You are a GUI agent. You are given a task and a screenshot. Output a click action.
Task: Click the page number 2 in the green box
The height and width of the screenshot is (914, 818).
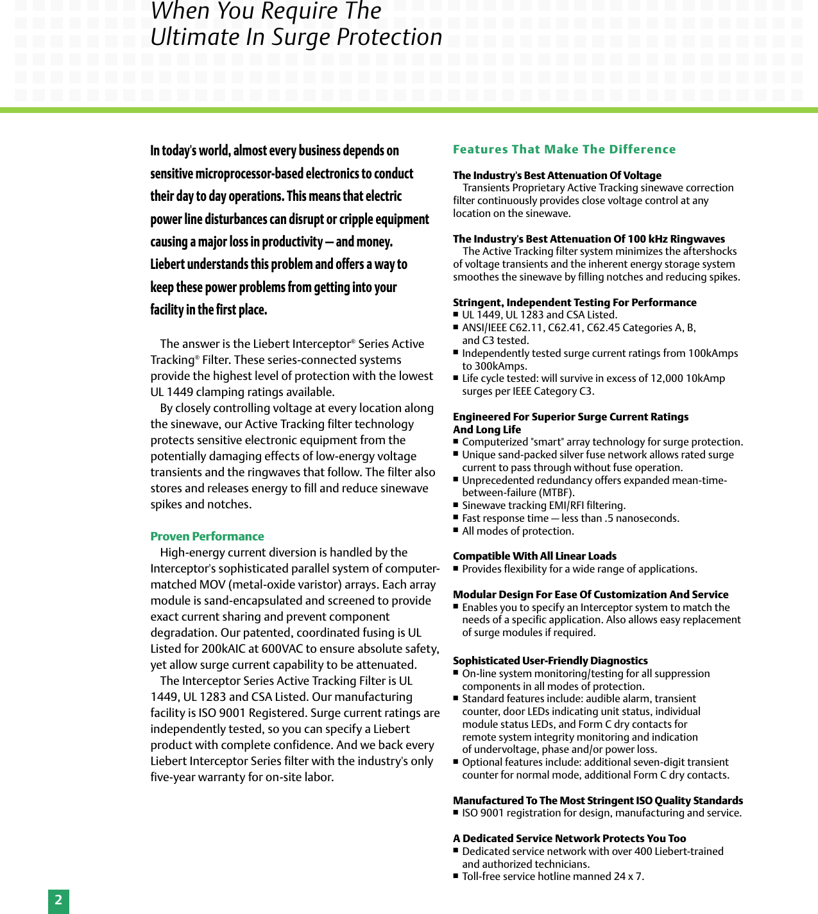click(x=58, y=900)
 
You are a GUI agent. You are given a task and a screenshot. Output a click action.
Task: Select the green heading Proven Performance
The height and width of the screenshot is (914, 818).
click(x=207, y=536)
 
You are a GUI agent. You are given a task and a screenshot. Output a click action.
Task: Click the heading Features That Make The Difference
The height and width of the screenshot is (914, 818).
click(x=564, y=149)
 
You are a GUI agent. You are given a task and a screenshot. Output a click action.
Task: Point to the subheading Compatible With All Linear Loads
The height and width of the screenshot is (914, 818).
click(x=534, y=556)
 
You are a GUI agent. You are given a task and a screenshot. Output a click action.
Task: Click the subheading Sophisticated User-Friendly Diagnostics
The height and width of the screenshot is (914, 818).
click(x=550, y=660)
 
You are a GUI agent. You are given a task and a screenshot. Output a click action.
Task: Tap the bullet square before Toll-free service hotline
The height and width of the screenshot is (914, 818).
click(x=456, y=875)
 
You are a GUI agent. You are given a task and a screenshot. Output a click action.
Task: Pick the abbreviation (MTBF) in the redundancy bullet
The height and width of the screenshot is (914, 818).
click(x=554, y=493)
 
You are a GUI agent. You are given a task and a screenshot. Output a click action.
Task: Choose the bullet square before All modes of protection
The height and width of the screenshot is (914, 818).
click(x=456, y=530)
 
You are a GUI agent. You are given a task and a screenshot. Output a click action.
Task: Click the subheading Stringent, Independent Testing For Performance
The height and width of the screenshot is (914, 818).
click(x=574, y=302)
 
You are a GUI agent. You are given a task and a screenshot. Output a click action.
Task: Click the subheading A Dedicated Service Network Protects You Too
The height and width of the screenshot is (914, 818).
click(x=569, y=838)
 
